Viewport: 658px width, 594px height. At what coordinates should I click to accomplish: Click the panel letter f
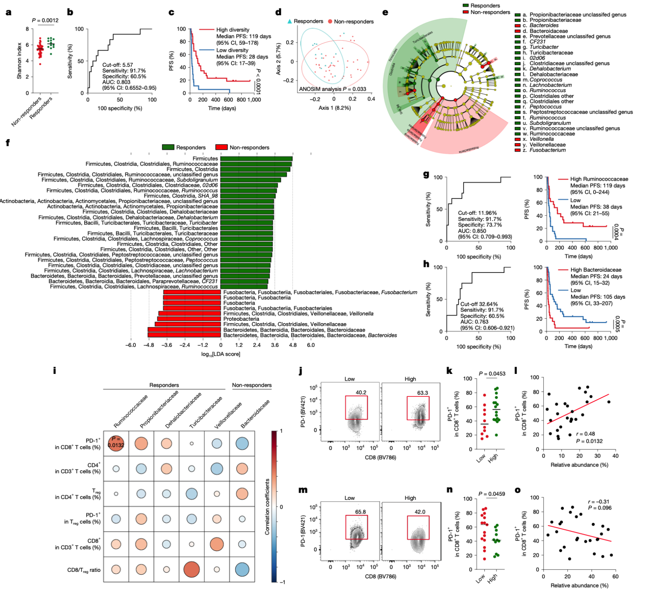click(8, 143)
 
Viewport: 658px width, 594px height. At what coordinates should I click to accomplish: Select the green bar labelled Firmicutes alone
click(256, 159)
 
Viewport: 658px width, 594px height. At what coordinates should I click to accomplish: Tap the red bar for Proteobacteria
click(189, 319)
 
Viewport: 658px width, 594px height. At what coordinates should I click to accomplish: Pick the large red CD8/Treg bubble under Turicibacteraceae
click(192, 569)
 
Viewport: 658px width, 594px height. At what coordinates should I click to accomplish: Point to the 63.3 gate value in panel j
click(422, 393)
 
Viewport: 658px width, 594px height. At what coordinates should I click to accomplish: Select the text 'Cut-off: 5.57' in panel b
click(118, 65)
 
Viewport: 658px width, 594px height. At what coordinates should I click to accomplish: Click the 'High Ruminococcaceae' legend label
click(599, 179)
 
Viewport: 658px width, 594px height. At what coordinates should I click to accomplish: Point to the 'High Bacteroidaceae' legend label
click(596, 270)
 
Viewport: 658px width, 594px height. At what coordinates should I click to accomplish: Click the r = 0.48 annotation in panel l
click(585, 434)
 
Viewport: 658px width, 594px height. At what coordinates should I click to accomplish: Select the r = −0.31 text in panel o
click(598, 502)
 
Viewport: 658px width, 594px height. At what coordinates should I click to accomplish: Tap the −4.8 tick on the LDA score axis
click(149, 345)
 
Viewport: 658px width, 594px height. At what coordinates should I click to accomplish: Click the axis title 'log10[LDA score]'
click(221, 354)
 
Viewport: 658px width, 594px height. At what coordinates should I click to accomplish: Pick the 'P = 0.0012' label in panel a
click(45, 21)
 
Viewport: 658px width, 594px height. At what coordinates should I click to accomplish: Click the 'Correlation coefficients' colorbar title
click(267, 506)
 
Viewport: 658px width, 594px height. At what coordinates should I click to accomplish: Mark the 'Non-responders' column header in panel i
click(252, 385)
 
